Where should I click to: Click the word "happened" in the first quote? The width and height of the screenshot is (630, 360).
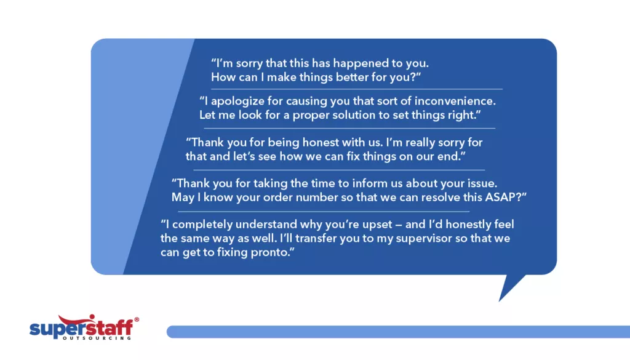(x=345, y=63)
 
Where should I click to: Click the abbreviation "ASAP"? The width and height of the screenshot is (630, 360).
(x=503, y=198)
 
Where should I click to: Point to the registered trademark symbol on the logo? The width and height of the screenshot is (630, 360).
(x=136, y=320)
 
